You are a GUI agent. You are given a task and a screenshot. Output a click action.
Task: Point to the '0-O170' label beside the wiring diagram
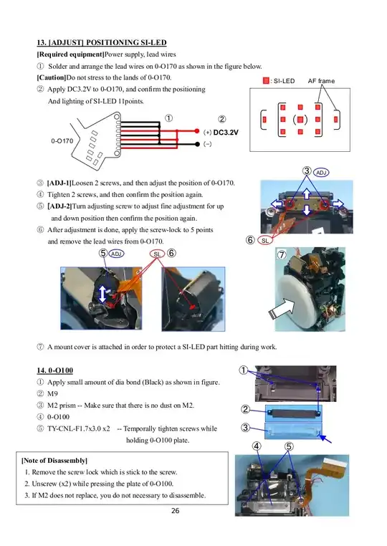tap(62, 140)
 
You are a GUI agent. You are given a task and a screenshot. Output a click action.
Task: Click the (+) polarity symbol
tap(207, 133)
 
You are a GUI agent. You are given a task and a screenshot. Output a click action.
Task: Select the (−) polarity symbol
tap(207, 144)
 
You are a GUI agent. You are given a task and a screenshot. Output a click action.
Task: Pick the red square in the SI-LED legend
tap(266, 81)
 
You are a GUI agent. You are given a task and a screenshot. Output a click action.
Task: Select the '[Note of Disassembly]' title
tap(55, 459)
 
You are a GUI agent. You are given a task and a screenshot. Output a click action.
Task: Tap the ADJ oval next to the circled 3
tap(322, 173)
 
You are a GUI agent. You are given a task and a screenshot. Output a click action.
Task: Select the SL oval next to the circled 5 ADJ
tap(157, 254)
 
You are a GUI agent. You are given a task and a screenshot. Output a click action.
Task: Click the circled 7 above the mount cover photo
tap(282, 254)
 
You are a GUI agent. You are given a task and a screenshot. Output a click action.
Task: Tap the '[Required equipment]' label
tap(70, 54)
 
